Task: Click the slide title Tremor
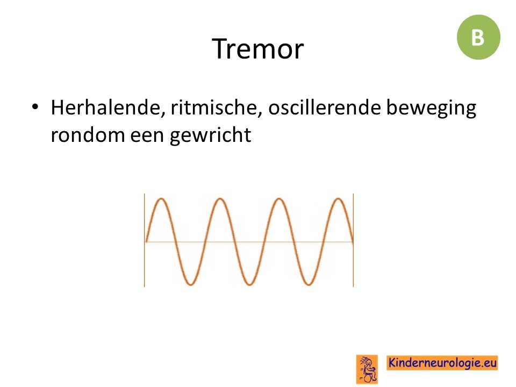tap(257, 49)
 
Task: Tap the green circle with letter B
tap(478, 37)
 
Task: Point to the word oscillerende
tap(324, 107)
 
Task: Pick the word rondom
tap(88, 134)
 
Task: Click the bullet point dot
tap(35, 107)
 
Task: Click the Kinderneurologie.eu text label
tap(442, 363)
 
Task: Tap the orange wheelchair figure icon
tap(367, 369)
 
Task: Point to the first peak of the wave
tap(161, 199)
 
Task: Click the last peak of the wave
tap(338, 199)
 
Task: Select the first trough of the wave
tap(190, 284)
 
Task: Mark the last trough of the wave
tap(309, 284)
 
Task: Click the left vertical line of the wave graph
tap(145, 240)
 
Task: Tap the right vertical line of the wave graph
tap(354, 240)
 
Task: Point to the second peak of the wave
tap(220, 199)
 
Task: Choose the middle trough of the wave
tap(249, 284)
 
